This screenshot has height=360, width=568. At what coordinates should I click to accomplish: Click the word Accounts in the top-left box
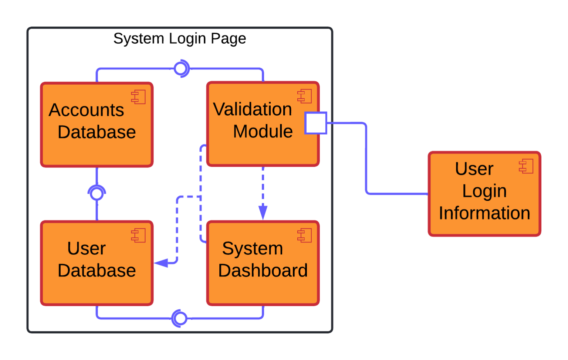click(86, 110)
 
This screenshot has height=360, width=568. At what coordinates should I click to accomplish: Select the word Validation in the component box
click(253, 109)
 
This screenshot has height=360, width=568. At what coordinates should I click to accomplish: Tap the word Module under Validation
click(263, 131)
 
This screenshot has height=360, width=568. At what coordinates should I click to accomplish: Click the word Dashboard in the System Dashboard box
click(263, 270)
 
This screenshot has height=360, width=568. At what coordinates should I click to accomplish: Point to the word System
click(252, 248)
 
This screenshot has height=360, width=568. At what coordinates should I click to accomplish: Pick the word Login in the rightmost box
click(484, 191)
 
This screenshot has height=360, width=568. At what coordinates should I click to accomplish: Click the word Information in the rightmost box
click(484, 213)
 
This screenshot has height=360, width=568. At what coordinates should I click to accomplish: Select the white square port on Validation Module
click(315, 123)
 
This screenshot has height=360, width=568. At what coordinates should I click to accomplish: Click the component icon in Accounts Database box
click(139, 97)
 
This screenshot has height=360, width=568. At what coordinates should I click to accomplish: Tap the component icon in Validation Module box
click(305, 96)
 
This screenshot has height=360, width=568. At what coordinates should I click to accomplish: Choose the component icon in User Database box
click(139, 235)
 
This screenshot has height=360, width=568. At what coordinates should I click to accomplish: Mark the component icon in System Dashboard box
click(305, 235)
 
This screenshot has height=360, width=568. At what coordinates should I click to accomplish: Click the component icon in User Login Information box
click(526, 166)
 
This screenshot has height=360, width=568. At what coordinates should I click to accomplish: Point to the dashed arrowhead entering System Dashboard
click(263, 213)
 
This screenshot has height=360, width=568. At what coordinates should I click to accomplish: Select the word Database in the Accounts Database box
click(97, 132)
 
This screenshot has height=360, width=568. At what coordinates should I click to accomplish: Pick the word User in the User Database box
click(87, 248)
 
